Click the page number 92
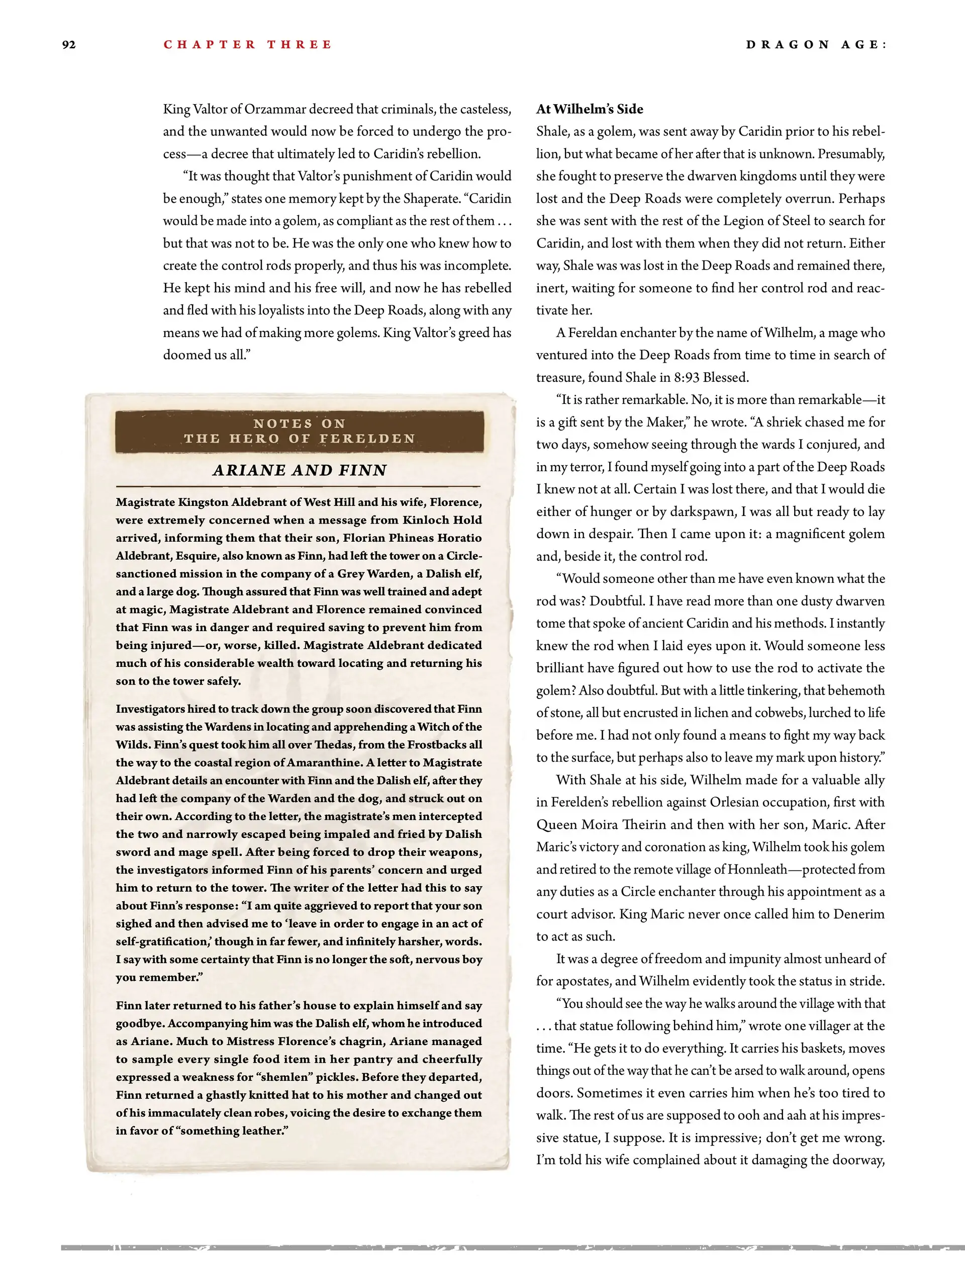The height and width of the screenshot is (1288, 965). (69, 45)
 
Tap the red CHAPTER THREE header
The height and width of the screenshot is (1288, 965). (247, 45)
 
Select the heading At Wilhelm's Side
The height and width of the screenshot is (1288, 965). (590, 110)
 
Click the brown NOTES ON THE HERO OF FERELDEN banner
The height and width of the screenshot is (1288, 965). (299, 432)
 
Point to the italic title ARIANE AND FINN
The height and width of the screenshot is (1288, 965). (299, 470)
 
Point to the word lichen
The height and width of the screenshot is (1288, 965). (762, 713)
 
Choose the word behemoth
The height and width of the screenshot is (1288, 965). (855, 691)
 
